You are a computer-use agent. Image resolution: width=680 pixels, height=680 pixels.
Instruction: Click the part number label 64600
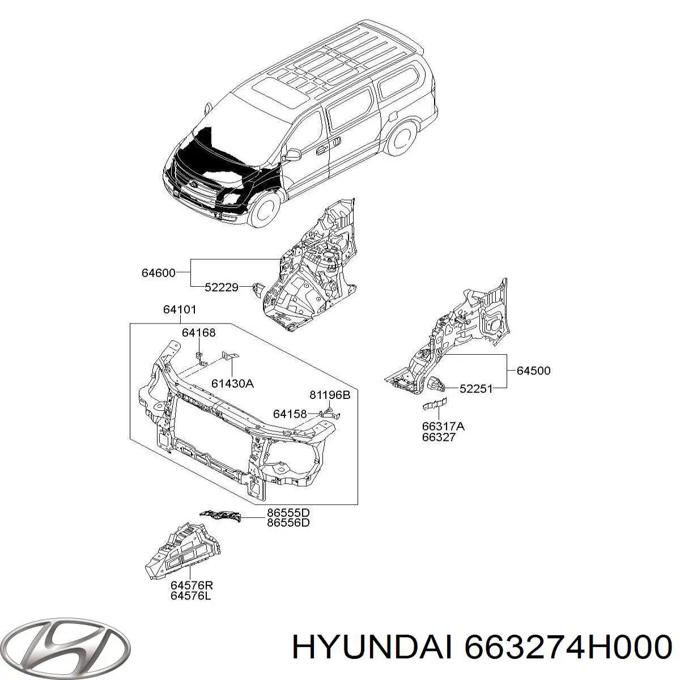[x=158, y=273]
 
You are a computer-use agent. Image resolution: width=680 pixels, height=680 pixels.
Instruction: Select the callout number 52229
[x=222, y=288]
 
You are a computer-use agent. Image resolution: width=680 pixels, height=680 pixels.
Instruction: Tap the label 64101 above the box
[x=180, y=310]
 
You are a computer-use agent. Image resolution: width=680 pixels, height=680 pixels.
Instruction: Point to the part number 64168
[x=198, y=333]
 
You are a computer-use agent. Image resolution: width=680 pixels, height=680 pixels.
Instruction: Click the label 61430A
[x=232, y=384]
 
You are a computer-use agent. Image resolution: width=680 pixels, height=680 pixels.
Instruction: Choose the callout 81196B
[x=330, y=395]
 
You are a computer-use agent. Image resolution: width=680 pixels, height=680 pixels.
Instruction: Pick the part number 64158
[x=290, y=414]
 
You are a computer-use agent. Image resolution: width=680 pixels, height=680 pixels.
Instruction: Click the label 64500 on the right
[x=533, y=371]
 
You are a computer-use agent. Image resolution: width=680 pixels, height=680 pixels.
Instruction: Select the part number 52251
[x=476, y=388]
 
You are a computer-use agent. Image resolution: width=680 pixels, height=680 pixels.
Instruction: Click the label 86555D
[x=288, y=513]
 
